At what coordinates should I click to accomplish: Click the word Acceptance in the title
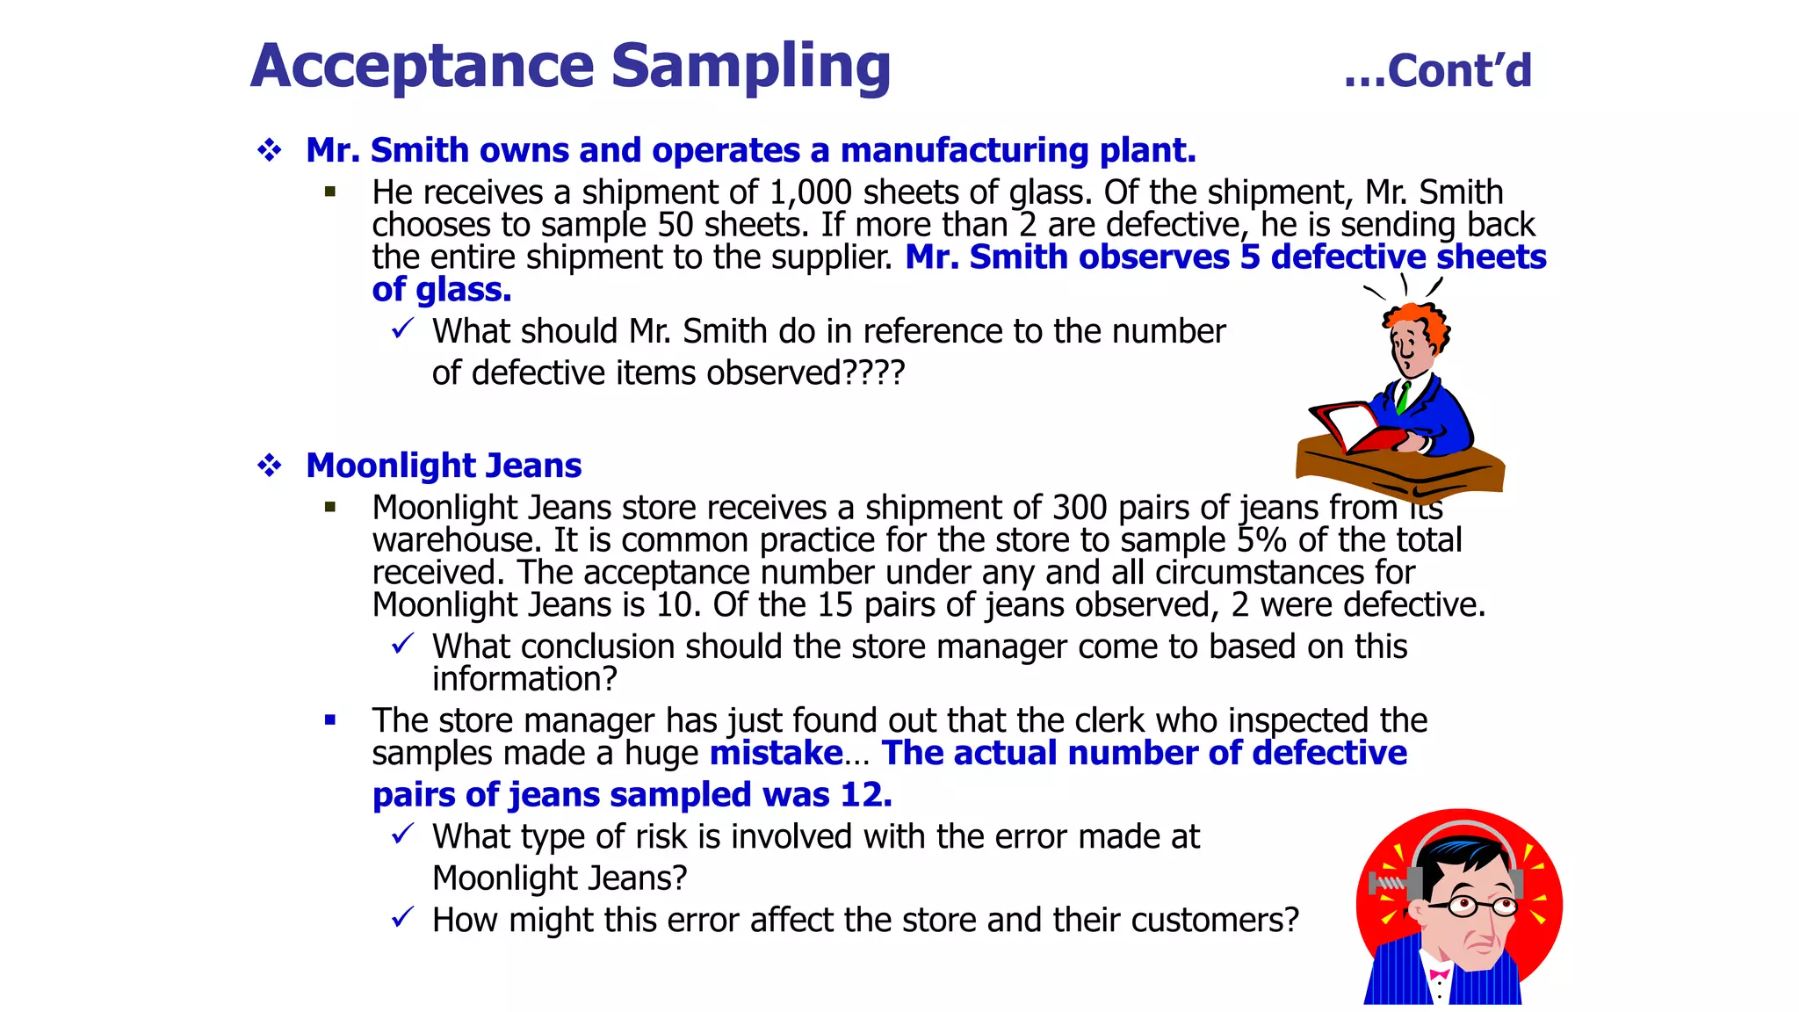423,67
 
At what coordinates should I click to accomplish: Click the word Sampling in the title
750,67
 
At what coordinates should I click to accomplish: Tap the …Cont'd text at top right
1437,71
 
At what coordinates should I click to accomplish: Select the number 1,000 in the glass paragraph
810,192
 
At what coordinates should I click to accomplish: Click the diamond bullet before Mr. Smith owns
269,150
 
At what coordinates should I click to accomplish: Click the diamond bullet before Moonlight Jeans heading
269,465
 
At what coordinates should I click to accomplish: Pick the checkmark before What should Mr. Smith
402,329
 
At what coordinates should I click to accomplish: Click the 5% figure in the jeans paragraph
1262,540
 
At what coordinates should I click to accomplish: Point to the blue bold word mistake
776,754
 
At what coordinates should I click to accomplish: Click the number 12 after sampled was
863,795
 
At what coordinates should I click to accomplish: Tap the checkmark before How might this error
402,918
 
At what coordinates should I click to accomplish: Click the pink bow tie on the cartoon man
1440,974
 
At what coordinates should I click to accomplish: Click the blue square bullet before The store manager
330,720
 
